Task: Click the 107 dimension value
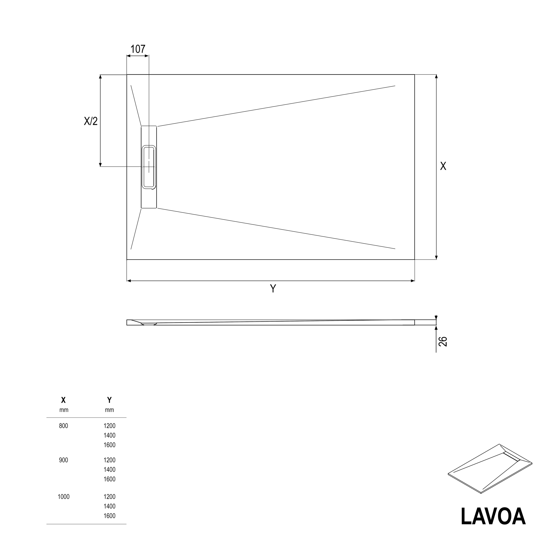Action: click(x=138, y=49)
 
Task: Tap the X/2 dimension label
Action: click(x=91, y=121)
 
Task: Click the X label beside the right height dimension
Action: click(x=443, y=166)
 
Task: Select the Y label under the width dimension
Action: click(x=273, y=289)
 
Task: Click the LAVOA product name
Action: click(x=493, y=516)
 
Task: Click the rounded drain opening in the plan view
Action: click(x=149, y=167)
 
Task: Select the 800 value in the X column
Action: click(x=64, y=426)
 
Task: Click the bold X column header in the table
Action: click(x=64, y=400)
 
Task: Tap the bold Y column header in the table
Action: click(x=109, y=400)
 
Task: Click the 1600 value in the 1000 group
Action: click(x=109, y=516)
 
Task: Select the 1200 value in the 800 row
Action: click(x=109, y=426)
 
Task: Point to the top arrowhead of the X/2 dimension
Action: click(x=100, y=77)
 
